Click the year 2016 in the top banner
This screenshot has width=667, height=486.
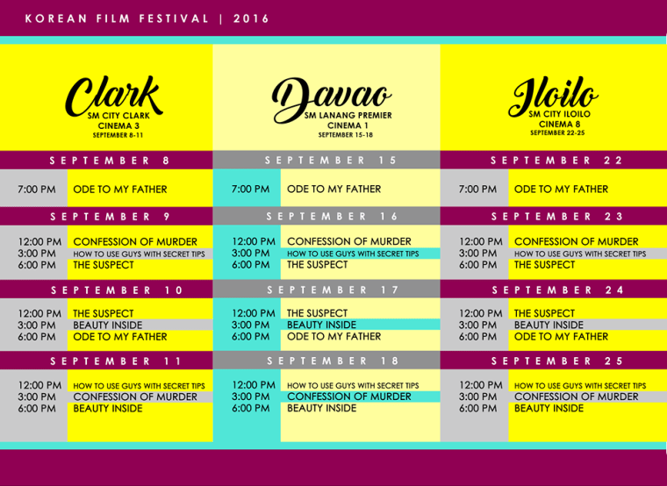pyautogui.click(x=252, y=18)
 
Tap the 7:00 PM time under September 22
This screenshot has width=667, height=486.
pyautogui.click(x=478, y=189)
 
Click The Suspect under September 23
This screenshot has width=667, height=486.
pyautogui.click(x=545, y=264)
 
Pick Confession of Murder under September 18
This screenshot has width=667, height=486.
pyautogui.click(x=348, y=397)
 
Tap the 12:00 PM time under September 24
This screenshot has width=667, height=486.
pyautogui.click(x=480, y=313)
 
